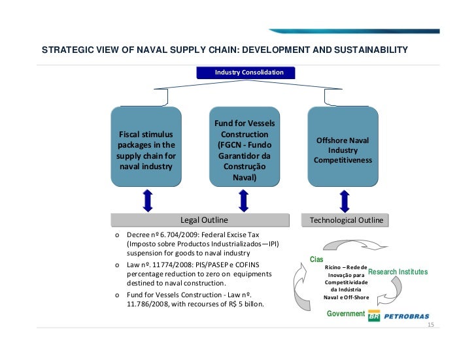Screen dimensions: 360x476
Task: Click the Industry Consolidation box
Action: (x=249, y=72)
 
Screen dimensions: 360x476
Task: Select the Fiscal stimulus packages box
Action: (x=146, y=150)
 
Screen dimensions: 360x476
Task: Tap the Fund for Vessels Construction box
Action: (x=245, y=150)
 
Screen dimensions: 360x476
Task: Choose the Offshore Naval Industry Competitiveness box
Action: (x=343, y=150)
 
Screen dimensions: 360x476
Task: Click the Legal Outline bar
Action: (x=203, y=220)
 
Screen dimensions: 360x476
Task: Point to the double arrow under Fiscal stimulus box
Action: (x=147, y=200)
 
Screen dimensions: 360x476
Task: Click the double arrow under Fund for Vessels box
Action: (x=243, y=200)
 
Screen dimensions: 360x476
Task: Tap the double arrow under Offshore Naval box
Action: (x=343, y=200)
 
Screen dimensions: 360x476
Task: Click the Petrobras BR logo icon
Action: (x=374, y=316)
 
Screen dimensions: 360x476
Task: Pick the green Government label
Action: (x=345, y=314)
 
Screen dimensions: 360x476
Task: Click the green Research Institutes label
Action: (x=398, y=271)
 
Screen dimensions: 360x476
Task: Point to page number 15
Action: (x=430, y=325)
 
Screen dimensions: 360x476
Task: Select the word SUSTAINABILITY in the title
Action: (x=371, y=50)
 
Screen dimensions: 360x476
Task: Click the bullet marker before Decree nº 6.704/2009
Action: (x=116, y=234)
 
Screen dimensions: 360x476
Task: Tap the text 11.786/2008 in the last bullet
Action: (x=147, y=304)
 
